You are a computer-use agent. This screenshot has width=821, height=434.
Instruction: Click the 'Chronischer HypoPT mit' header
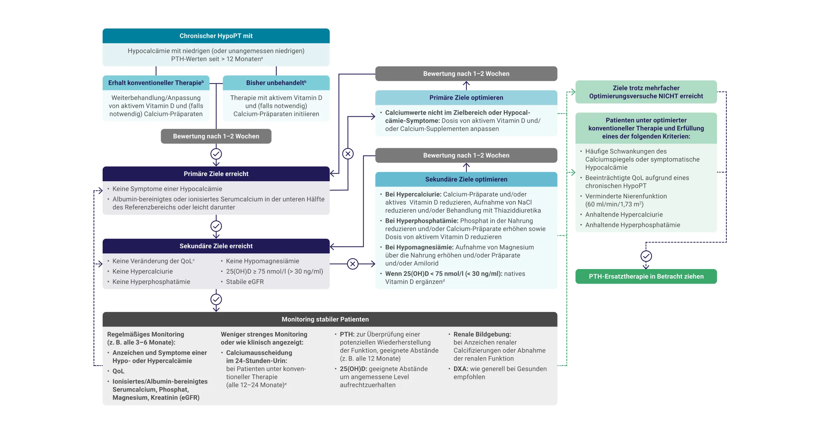pyautogui.click(x=216, y=36)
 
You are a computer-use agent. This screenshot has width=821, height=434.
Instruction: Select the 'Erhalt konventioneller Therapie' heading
pyautogui.click(x=156, y=83)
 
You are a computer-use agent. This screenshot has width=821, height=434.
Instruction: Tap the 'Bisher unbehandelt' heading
pyautogui.click(x=276, y=83)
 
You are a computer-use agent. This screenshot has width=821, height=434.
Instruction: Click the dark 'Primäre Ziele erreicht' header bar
pyautogui.click(x=216, y=174)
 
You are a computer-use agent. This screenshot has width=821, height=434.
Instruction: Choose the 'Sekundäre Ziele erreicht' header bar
pyautogui.click(x=216, y=246)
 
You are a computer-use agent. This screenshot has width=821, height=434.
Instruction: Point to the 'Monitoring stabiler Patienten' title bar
pyautogui.click(x=330, y=319)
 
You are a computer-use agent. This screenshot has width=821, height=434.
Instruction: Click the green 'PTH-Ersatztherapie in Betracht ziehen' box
pyautogui.click(x=646, y=276)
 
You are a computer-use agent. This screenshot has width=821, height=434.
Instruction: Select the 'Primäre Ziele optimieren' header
pyautogui.click(x=466, y=98)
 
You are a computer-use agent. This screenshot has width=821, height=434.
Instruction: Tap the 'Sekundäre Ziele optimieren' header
pyautogui.click(x=466, y=179)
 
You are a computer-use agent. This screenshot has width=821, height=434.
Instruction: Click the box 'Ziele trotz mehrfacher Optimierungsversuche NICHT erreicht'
pyautogui.click(x=646, y=92)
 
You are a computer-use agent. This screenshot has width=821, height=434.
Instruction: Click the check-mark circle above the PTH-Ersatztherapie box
pyautogui.click(x=646, y=256)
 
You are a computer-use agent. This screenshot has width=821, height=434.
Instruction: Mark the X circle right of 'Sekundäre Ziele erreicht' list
pyautogui.click(x=353, y=264)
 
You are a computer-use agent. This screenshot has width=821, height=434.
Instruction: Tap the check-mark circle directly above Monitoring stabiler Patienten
pyautogui.click(x=216, y=299)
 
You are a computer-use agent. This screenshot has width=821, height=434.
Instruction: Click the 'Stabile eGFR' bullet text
pyautogui.click(x=245, y=282)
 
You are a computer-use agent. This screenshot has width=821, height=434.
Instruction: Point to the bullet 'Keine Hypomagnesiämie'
pyautogui.click(x=262, y=261)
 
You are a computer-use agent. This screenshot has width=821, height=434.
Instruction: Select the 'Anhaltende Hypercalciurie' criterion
pyautogui.click(x=624, y=215)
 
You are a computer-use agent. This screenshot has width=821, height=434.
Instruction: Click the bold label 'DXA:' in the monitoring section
pyautogui.click(x=461, y=369)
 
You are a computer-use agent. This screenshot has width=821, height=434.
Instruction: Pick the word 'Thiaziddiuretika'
pyautogui.click(x=517, y=211)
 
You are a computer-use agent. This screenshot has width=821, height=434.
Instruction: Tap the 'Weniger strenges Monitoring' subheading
pyautogui.click(x=264, y=334)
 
